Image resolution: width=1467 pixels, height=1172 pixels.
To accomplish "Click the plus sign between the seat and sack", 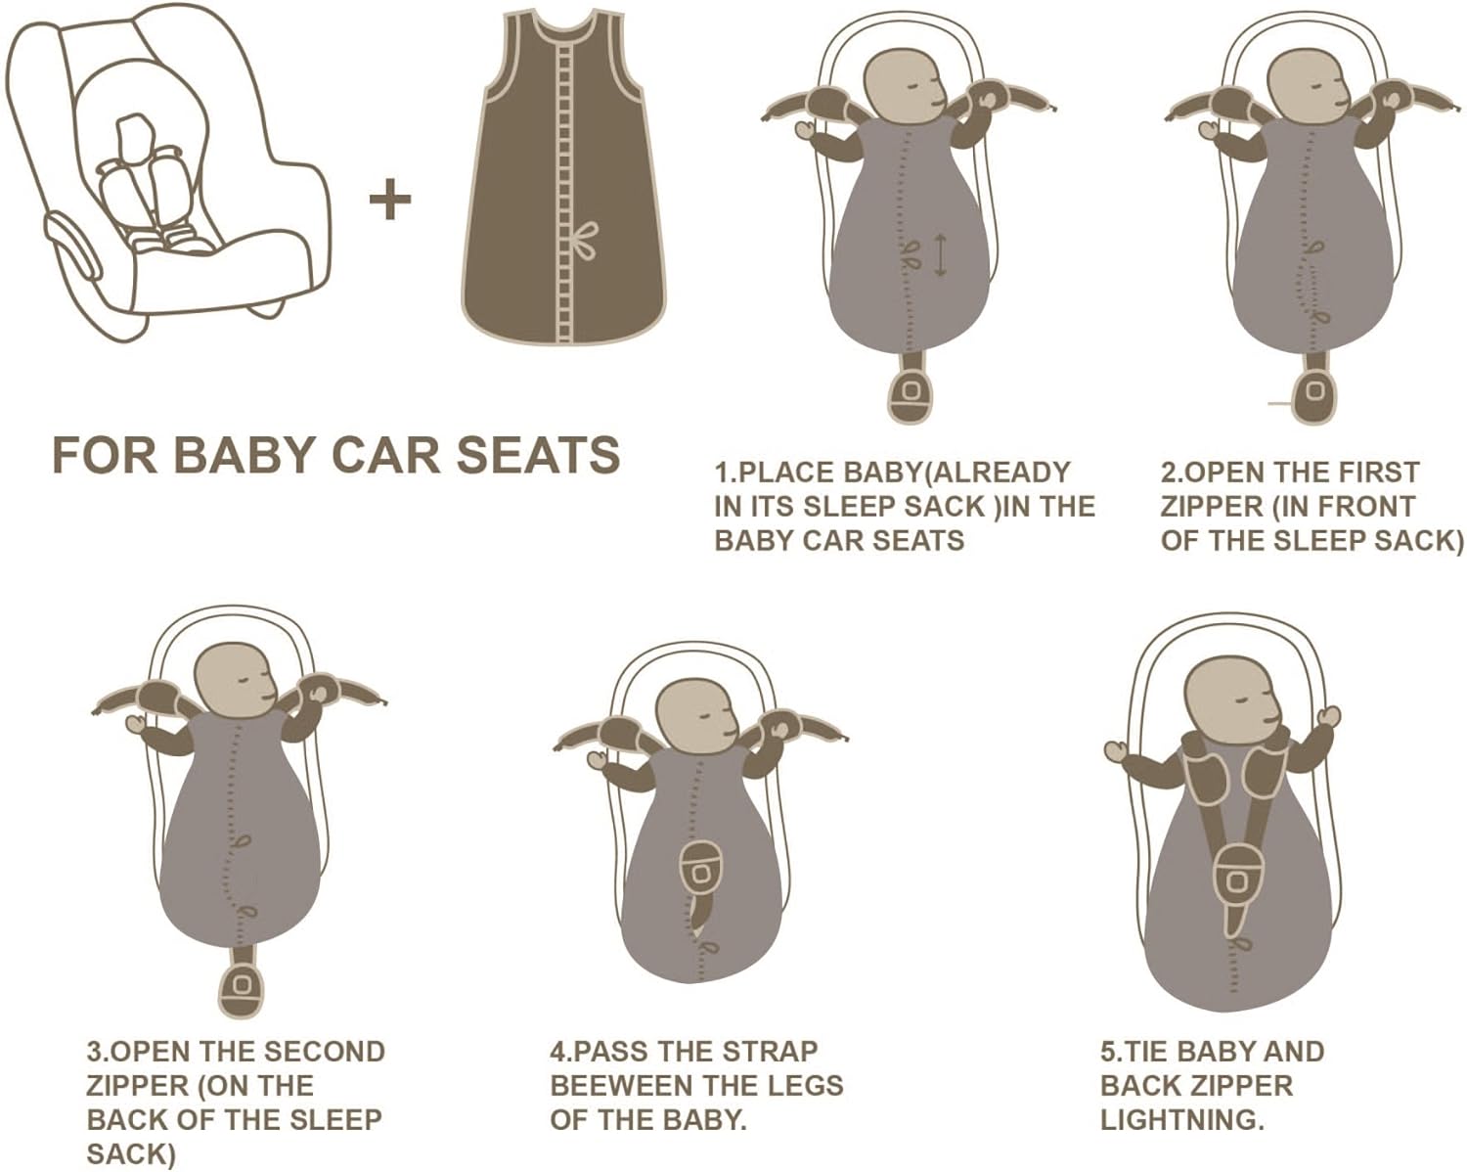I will point(390,201).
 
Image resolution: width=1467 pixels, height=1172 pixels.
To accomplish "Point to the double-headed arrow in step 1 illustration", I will point(940,253).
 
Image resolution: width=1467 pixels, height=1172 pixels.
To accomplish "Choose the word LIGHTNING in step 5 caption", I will point(1181,1119).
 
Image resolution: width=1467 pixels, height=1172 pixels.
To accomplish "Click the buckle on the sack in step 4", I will point(700,869).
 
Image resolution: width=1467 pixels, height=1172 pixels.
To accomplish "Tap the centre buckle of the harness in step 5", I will point(1237,878).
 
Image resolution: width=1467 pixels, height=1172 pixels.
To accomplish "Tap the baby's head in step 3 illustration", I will point(235,677).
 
